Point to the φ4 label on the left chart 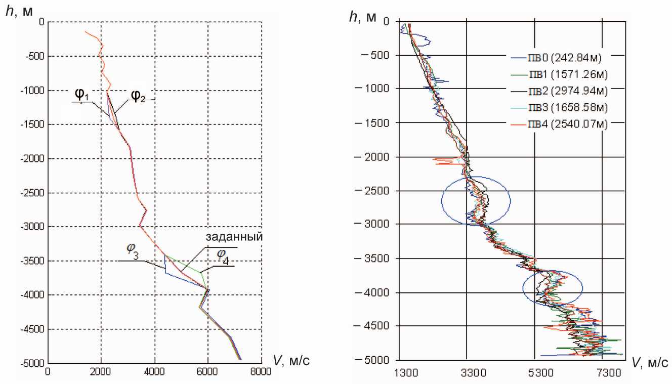(x=223, y=257)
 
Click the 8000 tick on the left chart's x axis (x=261, y=370)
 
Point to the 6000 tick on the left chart (x=207, y=370)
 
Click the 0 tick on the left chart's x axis (x=48, y=370)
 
